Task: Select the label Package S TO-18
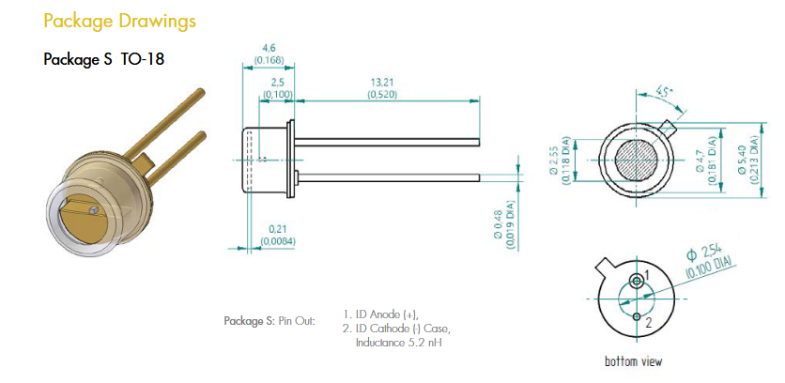[x=103, y=59]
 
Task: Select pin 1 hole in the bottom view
[x=638, y=280]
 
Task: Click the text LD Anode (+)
[x=386, y=314]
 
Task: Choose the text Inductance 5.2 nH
[x=399, y=343]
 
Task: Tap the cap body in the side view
[x=265, y=160]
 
